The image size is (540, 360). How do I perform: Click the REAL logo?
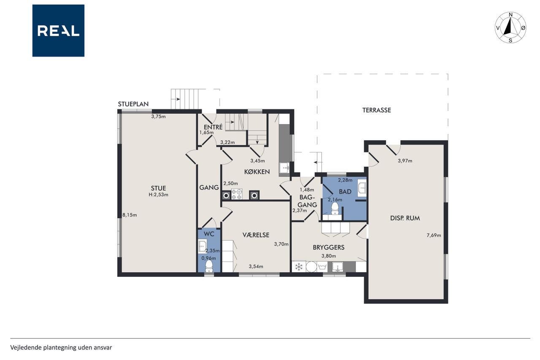click(x=58, y=31)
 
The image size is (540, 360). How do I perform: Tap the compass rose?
click(x=510, y=27)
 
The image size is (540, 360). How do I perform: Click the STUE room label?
click(x=158, y=188)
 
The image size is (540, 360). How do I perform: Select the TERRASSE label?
click(x=377, y=110)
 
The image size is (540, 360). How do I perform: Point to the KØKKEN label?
click(x=257, y=172)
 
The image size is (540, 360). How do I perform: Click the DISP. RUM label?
click(x=405, y=218)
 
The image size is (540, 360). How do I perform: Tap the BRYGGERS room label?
click(x=329, y=247)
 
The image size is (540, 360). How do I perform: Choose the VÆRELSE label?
click(x=256, y=235)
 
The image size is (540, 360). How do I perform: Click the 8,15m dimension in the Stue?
click(x=130, y=215)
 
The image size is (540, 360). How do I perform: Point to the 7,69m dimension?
click(x=434, y=235)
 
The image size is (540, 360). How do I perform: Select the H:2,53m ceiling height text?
click(x=158, y=195)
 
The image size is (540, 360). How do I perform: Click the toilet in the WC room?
click(x=209, y=266)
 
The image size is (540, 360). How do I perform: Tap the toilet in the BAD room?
click(x=335, y=208)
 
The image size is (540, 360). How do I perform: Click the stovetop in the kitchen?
click(x=237, y=194)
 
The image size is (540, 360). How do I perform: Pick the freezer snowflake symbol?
click(x=299, y=267)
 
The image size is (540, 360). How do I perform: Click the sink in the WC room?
click(x=202, y=246)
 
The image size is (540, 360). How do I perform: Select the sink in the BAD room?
click(x=362, y=187)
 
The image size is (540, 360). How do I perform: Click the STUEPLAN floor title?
click(x=133, y=104)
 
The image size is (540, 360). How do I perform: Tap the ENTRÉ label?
click(x=213, y=127)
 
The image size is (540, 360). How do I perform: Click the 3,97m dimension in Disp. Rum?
click(x=405, y=161)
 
